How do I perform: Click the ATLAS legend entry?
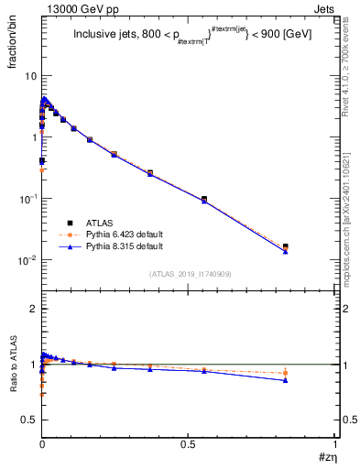pos(96,223)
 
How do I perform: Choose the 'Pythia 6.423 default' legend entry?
pos(120,235)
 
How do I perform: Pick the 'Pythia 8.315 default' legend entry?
pos(120,247)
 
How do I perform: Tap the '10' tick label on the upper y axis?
pos(31,75)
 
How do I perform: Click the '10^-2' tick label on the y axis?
pos(28,260)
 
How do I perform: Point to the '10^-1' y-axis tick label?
pos(28,199)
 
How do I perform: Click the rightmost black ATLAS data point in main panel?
pos(286,246)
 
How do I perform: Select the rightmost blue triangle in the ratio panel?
pos(286,379)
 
